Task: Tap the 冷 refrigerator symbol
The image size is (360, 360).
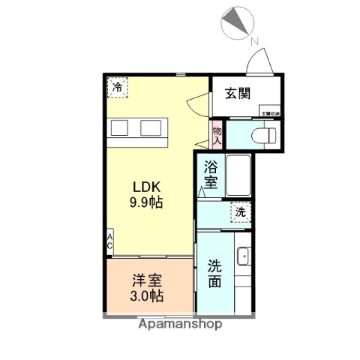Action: pos(117,88)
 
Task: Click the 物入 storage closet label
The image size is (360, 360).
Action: pos(217,134)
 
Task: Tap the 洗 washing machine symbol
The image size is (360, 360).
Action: pos(240,213)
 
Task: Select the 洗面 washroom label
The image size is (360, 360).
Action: pos(214,274)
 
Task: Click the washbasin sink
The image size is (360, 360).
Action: pos(244,257)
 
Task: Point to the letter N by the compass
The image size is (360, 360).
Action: pos(255,40)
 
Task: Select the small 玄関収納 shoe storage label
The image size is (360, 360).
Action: pos(270,113)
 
